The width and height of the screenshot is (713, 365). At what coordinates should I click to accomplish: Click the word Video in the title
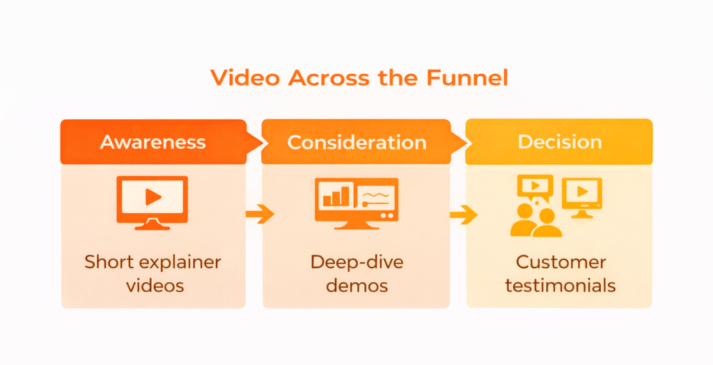pos(240,77)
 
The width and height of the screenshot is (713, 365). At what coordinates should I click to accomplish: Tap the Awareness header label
pos(153,142)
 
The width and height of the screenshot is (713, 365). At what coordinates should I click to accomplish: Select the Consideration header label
pos(356,142)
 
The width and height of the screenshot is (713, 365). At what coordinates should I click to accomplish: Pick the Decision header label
pos(559,142)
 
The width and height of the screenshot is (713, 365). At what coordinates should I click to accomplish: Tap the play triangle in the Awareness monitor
pos(153,197)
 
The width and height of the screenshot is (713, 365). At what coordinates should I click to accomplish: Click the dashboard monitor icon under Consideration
pos(356,201)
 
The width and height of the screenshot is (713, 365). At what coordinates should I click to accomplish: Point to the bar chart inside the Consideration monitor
pos(334,196)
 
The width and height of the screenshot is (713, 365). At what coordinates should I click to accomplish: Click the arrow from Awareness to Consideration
pos(259,215)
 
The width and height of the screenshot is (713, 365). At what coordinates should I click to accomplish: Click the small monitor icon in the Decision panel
pos(581,194)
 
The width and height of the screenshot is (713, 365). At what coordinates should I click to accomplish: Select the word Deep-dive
pos(356,263)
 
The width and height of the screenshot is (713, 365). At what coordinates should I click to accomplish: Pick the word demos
pos(356,285)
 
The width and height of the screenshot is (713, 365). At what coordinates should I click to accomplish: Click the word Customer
pos(561,263)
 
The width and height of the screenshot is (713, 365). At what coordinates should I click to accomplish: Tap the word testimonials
pos(561,285)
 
